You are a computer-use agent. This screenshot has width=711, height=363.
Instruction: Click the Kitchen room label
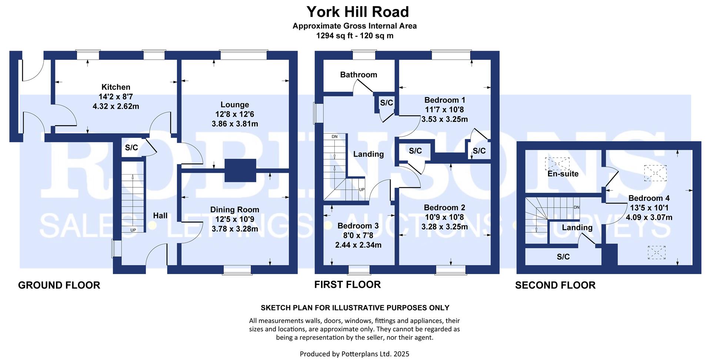(116, 87)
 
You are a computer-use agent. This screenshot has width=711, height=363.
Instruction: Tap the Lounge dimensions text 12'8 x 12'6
(234, 114)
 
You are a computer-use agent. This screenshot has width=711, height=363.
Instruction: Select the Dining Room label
(234, 210)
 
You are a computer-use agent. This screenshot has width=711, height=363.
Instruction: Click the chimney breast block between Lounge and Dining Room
(240, 170)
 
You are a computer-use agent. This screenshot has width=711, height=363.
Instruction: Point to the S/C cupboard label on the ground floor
(131, 148)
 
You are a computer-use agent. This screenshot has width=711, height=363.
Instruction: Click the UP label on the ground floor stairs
(133, 230)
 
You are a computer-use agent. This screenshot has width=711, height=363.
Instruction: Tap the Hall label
(160, 216)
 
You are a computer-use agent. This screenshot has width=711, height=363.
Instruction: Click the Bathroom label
(358, 75)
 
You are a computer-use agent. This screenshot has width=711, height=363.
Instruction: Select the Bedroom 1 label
(444, 100)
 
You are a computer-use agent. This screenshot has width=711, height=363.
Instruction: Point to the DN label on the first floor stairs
(334, 137)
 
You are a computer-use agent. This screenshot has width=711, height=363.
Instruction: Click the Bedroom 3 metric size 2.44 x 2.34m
(358, 245)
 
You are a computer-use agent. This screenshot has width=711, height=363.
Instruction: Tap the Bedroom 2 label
(444, 208)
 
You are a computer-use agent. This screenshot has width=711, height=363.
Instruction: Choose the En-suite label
(563, 174)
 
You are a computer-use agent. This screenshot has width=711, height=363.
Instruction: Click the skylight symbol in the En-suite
(557, 163)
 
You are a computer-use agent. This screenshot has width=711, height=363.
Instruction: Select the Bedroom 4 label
(649, 198)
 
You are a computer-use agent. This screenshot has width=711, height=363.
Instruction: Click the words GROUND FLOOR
(59, 285)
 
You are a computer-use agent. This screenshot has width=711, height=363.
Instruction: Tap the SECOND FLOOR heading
(555, 285)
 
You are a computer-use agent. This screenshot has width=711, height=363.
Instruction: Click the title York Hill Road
(358, 12)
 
